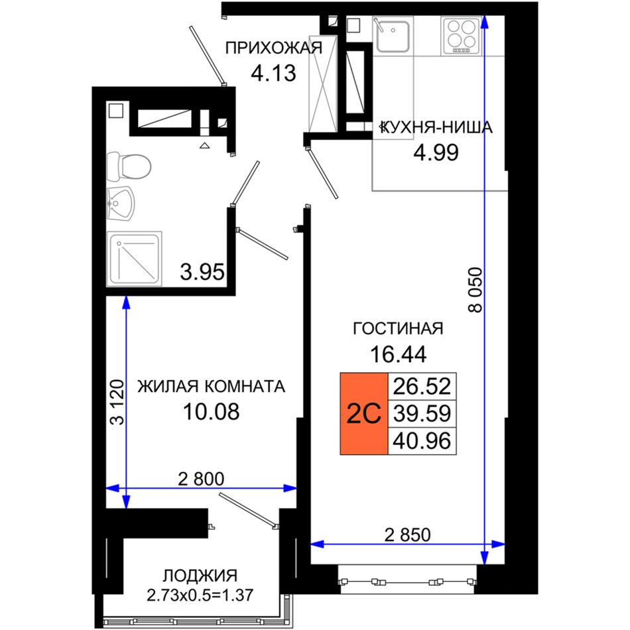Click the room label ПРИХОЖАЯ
point(274,48)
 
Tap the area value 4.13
point(273,73)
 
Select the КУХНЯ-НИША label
point(437,127)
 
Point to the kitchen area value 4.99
point(436,153)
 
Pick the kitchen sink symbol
point(393,34)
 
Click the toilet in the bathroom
point(129,166)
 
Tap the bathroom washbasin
point(121,204)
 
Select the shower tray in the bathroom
point(134,259)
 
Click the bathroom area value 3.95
point(202,272)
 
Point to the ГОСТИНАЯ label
point(398,329)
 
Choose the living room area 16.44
point(398,354)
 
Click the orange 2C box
point(363,413)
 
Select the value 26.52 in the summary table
point(422,386)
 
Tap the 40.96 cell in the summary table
point(422,441)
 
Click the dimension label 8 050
point(475,290)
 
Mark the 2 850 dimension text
point(407,535)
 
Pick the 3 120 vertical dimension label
point(117,402)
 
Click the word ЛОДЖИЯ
point(200,576)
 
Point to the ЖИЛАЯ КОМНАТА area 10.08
point(212,411)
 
